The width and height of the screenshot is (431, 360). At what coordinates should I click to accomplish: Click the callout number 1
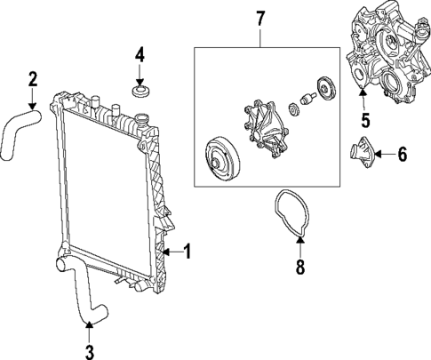pyautogui.click(x=188, y=252)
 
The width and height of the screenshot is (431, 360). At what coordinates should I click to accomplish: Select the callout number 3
pyautogui.click(x=89, y=352)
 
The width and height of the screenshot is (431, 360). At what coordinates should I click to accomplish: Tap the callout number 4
pyautogui.click(x=139, y=57)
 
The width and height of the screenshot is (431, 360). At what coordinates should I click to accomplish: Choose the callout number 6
pyautogui.click(x=401, y=155)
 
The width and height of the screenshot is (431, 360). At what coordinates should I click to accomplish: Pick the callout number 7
pyautogui.click(x=260, y=18)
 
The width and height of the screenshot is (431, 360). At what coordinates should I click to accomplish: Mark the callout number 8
pyautogui.click(x=299, y=267)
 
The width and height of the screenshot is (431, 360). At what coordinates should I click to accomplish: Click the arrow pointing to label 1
pyautogui.click(x=174, y=252)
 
